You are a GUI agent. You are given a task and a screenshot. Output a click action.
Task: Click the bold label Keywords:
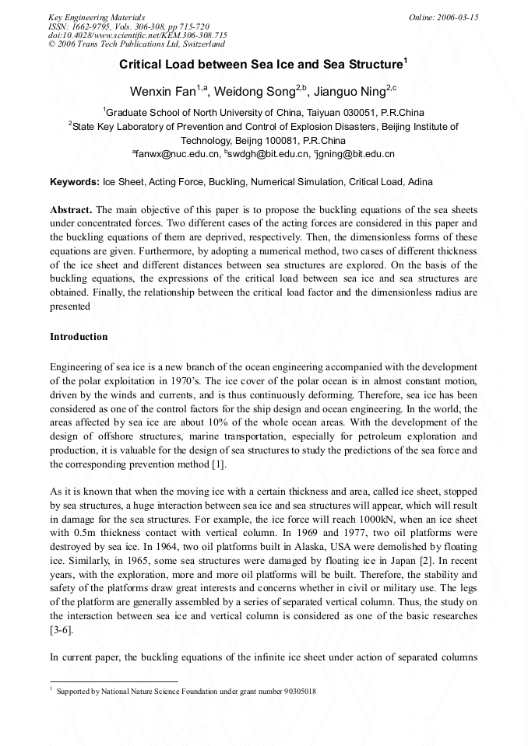point(74,182)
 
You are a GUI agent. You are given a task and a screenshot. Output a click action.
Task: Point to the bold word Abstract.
point(71,211)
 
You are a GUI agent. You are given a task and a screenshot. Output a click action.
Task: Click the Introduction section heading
point(79,337)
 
